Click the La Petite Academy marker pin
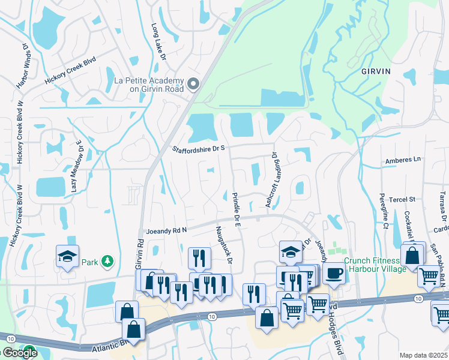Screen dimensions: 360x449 pos(193,84)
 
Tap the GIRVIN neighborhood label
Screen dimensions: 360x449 pos(376,71)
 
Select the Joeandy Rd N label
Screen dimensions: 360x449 pos(167,230)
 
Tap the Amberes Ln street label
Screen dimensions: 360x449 pos(403,160)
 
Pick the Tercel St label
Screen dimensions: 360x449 pos(403,199)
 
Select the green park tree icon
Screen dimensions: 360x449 pos(107,261)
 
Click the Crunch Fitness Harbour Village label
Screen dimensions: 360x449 pos(372,264)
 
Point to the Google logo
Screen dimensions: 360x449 pos(19,353)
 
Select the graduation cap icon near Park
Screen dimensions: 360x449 pos(67,256)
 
